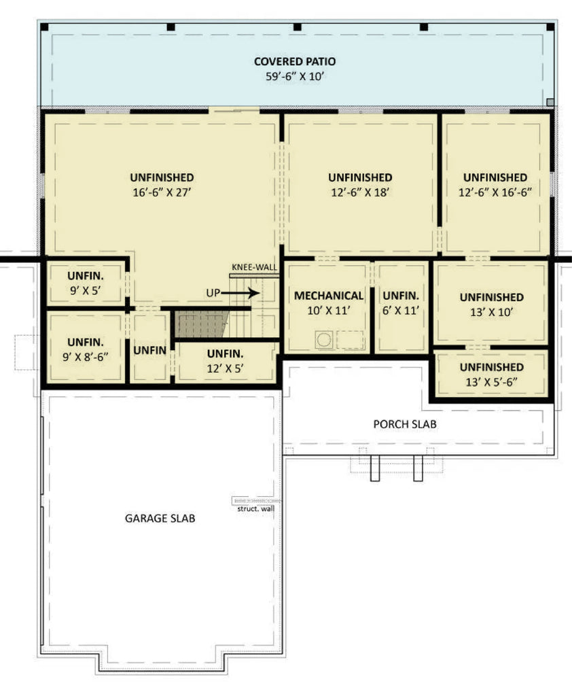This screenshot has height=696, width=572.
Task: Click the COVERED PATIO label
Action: (295, 62)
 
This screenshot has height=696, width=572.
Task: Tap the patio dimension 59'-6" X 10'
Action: (295, 77)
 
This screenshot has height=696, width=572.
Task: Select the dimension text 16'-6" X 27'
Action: (162, 192)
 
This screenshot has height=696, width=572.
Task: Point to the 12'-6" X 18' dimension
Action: (359, 192)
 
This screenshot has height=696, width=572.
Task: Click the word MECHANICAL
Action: (328, 296)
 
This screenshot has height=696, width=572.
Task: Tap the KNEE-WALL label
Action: (255, 268)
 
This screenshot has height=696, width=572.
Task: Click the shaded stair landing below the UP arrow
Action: (202, 325)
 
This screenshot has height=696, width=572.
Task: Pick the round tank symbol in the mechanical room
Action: (324, 338)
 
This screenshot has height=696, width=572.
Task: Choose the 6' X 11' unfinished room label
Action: (400, 302)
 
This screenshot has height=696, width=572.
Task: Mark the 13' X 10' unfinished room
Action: (491, 304)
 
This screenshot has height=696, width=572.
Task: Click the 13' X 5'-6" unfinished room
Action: (491, 375)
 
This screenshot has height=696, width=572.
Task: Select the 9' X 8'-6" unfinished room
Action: (86, 349)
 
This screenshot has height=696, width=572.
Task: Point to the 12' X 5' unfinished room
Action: (226, 362)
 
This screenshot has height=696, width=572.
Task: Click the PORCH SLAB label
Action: (405, 424)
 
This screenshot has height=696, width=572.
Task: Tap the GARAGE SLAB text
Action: (160, 518)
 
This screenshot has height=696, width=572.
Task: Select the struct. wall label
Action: (256, 508)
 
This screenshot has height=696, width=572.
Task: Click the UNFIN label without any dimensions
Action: (150, 350)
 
